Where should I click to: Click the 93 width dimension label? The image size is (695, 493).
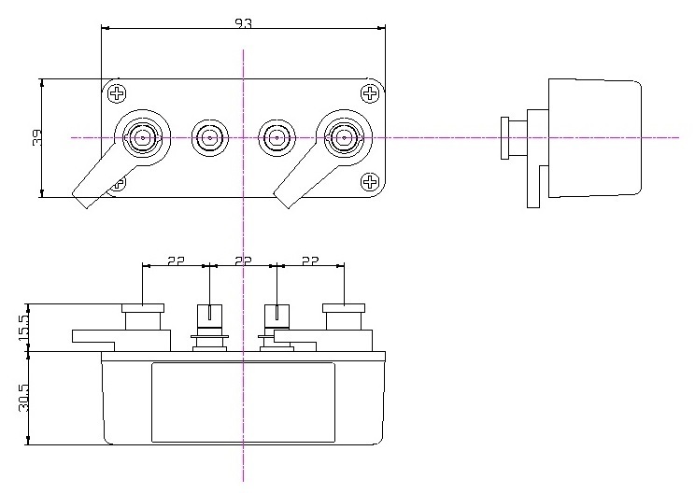(243, 23)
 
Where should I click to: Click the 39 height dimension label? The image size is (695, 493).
(36, 138)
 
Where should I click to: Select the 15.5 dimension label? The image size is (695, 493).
(23, 328)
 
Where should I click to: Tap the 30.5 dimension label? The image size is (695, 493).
(23, 398)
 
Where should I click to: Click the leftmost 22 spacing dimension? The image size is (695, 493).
(176, 261)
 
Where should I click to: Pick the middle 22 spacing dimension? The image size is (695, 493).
(243, 261)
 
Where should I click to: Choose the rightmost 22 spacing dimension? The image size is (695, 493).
(310, 261)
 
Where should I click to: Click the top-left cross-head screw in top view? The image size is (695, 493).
(117, 93)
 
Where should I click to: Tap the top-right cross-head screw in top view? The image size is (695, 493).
(370, 93)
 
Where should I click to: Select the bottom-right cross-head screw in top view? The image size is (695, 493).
(370, 182)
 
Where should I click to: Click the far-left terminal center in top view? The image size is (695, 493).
(143, 138)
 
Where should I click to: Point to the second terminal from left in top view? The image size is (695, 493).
(209, 138)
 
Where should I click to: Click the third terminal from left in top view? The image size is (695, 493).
(277, 138)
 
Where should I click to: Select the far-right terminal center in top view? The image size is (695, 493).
(345, 138)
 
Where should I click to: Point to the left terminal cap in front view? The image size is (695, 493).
(143, 308)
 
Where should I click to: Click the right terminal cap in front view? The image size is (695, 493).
(344, 308)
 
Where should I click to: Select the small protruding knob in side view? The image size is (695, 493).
(504, 138)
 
